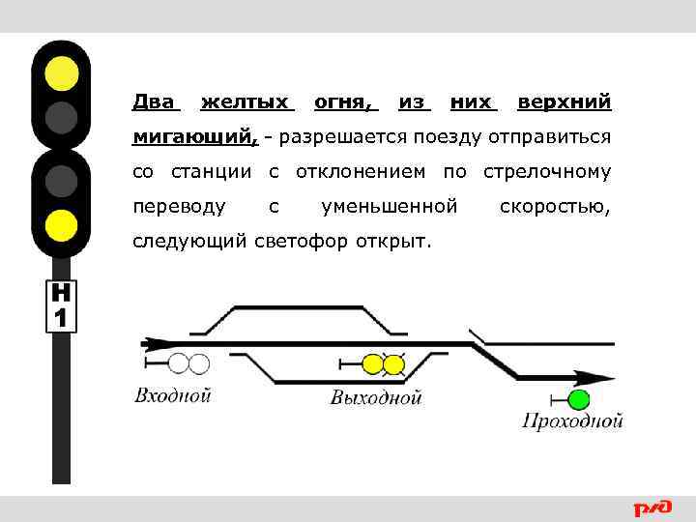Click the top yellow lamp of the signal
point(62,72)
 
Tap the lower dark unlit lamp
point(62,181)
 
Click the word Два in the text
point(156,102)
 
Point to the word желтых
point(246,102)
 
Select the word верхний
point(564,102)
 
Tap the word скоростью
point(555,207)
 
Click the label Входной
point(172,394)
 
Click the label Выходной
point(376,396)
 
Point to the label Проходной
point(572,420)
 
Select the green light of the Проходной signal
point(579,400)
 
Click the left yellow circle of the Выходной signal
point(373,363)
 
